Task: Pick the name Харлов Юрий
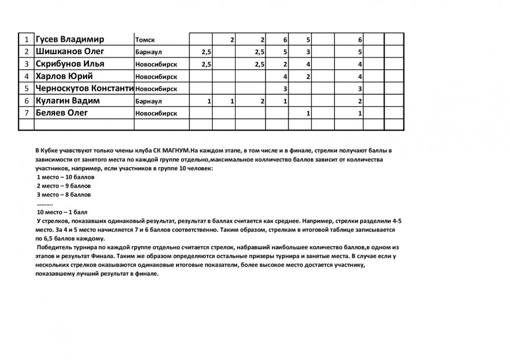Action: (64, 76)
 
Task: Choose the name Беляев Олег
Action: (61, 113)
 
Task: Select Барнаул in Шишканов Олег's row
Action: (148, 52)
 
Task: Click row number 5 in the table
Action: (26, 89)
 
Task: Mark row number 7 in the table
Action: (26, 113)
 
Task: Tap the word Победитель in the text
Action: (54, 247)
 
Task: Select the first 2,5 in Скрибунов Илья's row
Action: (206, 64)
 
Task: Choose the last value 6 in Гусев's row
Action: (360, 40)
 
